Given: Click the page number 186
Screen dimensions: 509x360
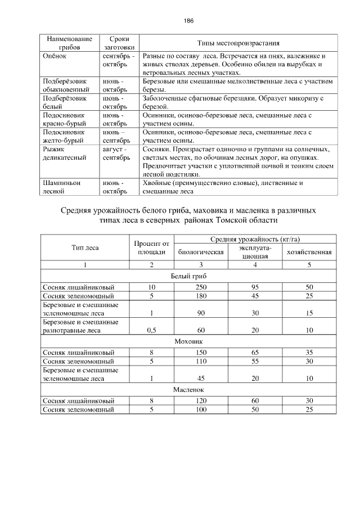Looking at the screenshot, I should tap(188, 21).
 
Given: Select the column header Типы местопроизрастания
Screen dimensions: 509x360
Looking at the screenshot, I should tap(238, 43).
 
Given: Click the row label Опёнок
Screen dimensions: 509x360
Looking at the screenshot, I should tap(55, 57).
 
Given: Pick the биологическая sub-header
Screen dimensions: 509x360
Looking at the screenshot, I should tap(201, 252).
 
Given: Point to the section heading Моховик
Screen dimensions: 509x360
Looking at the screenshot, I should tap(188, 341).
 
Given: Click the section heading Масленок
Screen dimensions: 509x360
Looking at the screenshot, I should tap(188, 389).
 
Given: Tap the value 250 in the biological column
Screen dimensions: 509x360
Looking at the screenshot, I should tap(201, 287).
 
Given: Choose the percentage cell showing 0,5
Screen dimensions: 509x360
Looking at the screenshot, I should tap(151, 330).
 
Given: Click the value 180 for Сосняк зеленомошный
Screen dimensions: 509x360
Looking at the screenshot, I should tap(201, 296).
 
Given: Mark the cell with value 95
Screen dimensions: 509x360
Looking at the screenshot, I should tap(255, 287).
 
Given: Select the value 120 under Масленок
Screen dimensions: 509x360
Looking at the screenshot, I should tap(201, 400).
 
